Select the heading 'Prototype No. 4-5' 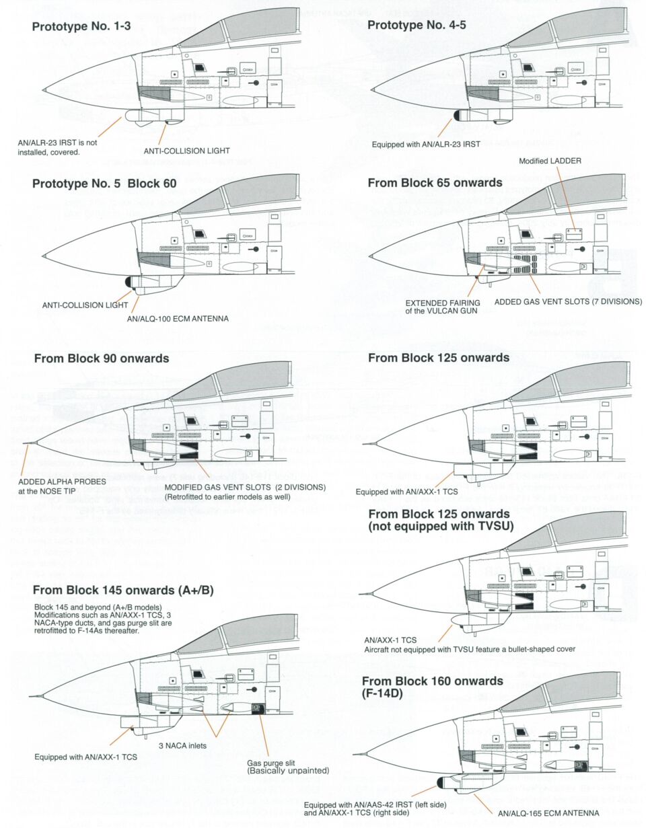tap(417, 26)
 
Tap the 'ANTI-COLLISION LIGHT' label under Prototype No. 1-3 tap(184, 151)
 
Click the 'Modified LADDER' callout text tap(550, 161)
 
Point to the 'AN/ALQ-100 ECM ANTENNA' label tap(177, 318)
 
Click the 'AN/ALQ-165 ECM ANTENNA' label tap(547, 813)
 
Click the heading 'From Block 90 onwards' tap(101, 359)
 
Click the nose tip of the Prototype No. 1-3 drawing tap(44, 89)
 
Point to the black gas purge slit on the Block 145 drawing tap(256, 708)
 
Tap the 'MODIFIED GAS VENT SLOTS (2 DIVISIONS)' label tap(245, 487)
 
